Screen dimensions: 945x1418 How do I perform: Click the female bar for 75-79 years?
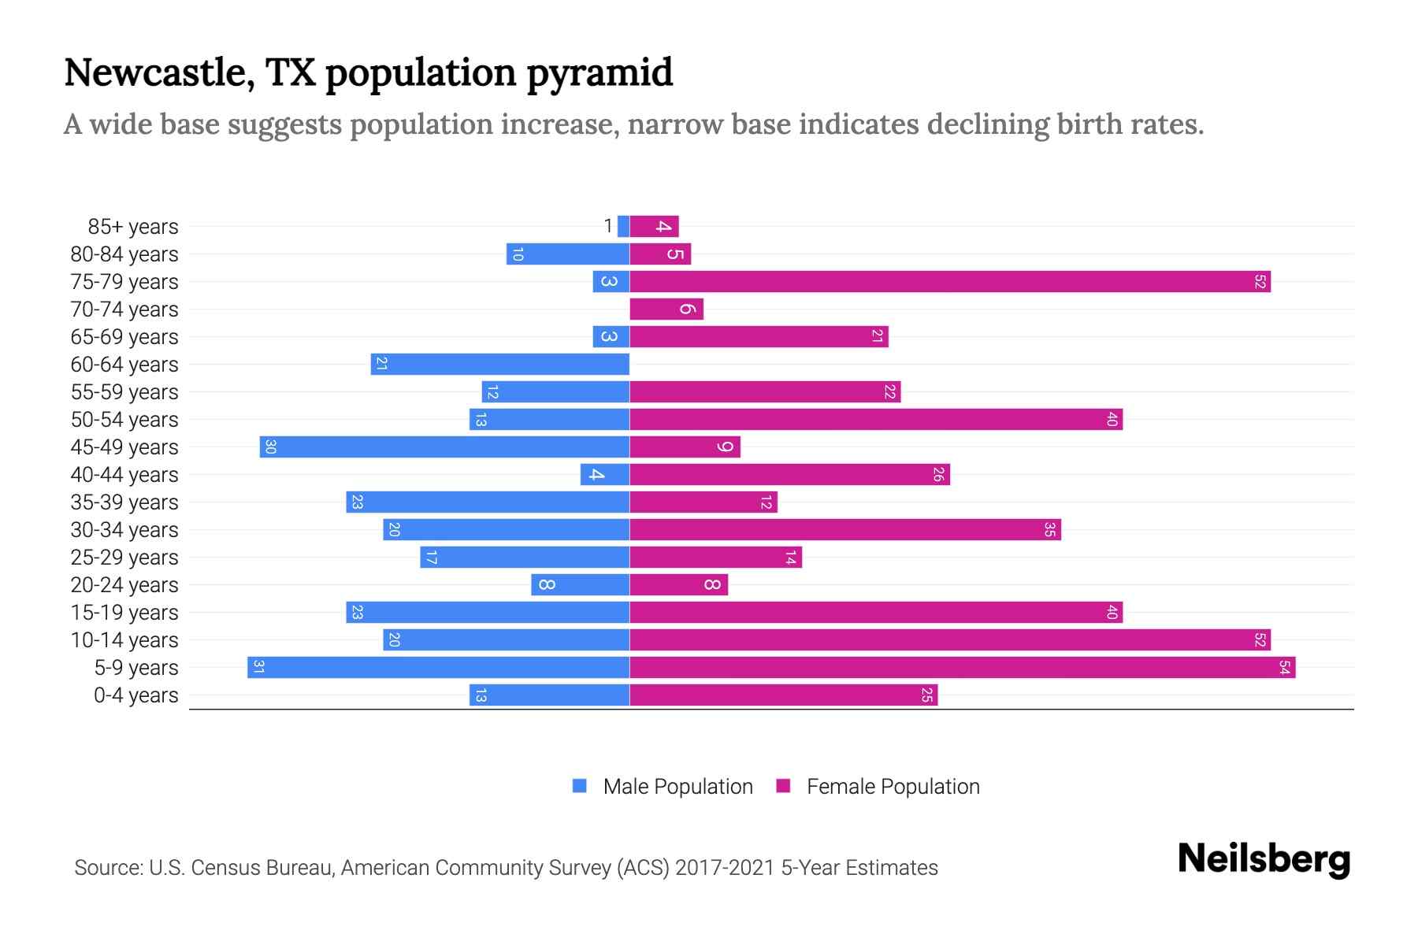pos(949,282)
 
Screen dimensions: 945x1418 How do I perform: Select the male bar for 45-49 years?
pos(444,447)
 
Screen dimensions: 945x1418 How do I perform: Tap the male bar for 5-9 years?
pos(438,668)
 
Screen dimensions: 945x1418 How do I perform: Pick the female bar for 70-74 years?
pos(666,309)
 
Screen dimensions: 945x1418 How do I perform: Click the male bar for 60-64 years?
pos(499,365)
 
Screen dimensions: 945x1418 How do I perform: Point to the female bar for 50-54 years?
pos(875,420)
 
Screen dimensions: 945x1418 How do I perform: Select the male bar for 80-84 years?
pos(567,254)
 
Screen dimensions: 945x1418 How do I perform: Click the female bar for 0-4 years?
pos(783,695)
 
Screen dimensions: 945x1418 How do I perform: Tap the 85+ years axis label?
pos(133,227)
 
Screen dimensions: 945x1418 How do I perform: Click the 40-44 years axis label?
pos(124,475)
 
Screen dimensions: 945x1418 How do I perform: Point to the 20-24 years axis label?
pos(124,585)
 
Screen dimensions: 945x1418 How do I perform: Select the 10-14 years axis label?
pos(124,640)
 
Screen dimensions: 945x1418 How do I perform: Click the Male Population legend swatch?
pos(580,786)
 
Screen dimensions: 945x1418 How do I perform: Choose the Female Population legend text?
pos(893,787)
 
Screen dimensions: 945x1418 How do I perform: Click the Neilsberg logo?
pos(1264,859)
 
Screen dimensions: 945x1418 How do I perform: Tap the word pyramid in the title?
pos(599,73)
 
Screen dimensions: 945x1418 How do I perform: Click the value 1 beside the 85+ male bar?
pos(607,227)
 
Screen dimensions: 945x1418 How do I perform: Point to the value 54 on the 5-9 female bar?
pos(1284,668)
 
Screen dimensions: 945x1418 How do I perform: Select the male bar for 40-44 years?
pos(604,475)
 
